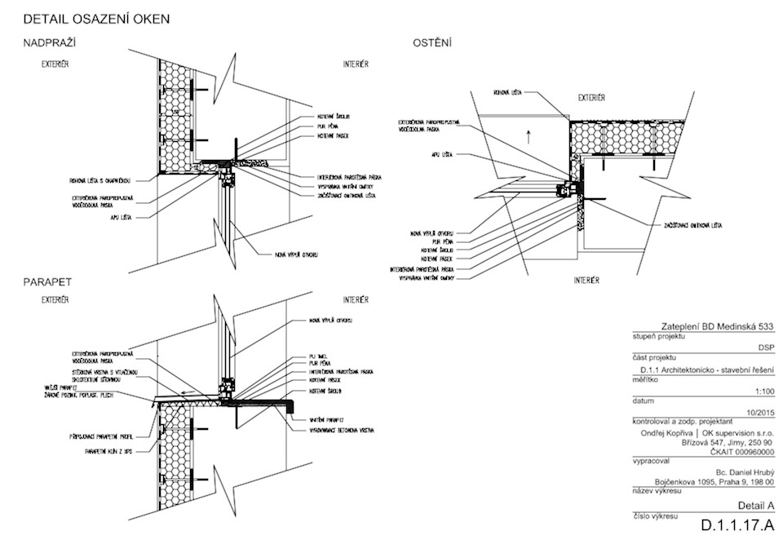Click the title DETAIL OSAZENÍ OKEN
click(x=96, y=19)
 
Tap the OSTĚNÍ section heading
click(x=431, y=42)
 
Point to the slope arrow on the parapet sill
click(x=188, y=394)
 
